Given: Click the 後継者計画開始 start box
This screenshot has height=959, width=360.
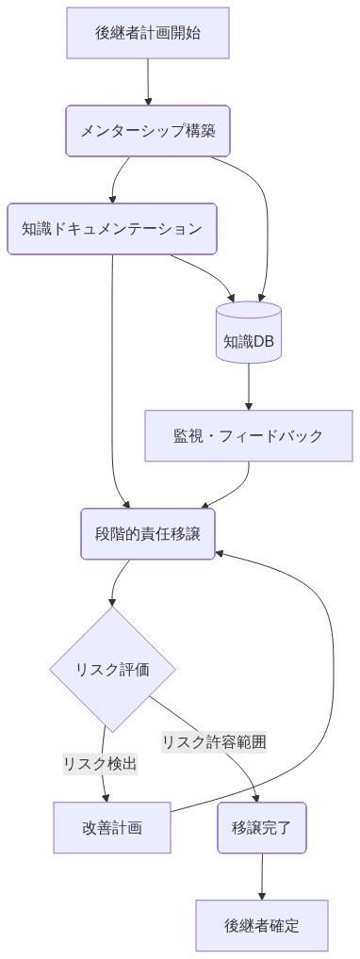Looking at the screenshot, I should pyautogui.click(x=148, y=33).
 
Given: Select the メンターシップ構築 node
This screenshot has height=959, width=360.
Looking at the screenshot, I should pyautogui.click(x=148, y=130).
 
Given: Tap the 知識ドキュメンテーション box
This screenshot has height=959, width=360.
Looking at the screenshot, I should pyautogui.click(x=112, y=229).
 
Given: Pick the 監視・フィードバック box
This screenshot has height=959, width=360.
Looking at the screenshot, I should pyautogui.click(x=249, y=435).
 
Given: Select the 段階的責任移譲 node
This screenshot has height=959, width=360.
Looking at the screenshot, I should pyautogui.click(x=148, y=534).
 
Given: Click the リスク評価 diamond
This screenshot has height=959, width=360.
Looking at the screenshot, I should pyautogui.click(x=112, y=670).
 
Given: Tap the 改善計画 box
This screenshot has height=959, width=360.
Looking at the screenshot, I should pyautogui.click(x=112, y=827).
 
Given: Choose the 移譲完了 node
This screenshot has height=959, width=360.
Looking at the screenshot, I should pyautogui.click(x=261, y=827).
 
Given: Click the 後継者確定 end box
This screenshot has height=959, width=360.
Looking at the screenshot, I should pyautogui.click(x=261, y=925).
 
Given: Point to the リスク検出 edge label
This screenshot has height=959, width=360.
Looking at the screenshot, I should pyautogui.click(x=100, y=764).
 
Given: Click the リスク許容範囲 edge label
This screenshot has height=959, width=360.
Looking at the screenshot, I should pyautogui.click(x=214, y=741).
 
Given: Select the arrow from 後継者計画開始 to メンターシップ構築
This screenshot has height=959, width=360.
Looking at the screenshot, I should pyautogui.click(x=148, y=82).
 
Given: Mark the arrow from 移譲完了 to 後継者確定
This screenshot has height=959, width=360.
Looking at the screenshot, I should pyautogui.click(x=261, y=876).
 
